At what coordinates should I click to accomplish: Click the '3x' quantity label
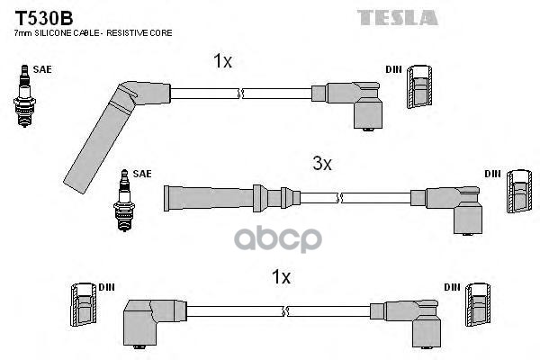pyautogui.click(x=322, y=164)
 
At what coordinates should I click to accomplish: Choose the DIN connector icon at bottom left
pyautogui.click(x=82, y=308)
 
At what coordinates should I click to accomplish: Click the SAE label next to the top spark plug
pyautogui.click(x=40, y=68)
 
